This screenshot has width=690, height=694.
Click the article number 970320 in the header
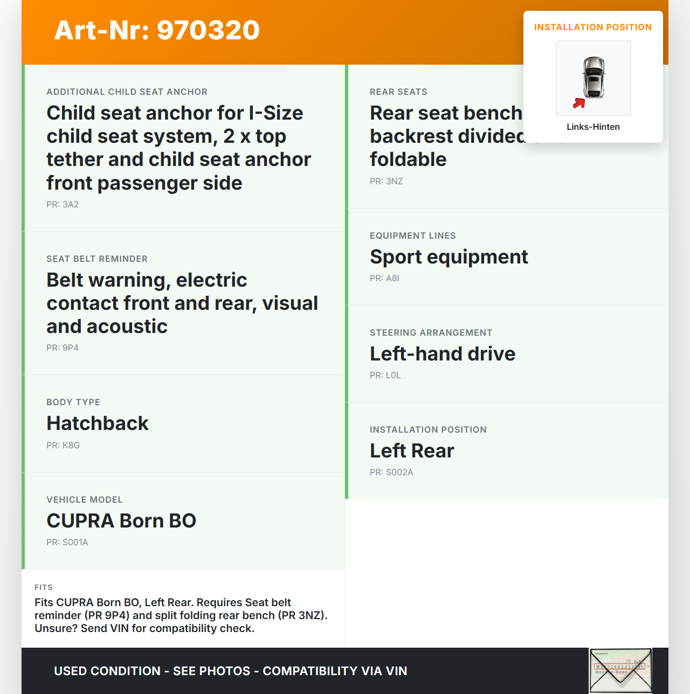coord(208,30)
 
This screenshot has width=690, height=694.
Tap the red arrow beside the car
coord(579,103)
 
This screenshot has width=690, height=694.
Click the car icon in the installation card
coord(594,78)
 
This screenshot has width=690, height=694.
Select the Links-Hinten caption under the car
coord(593,127)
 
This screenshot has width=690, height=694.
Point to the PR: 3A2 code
coord(63,205)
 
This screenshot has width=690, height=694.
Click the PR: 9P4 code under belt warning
coord(63,348)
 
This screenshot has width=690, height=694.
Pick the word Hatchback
coord(98,424)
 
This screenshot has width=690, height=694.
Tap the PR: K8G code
coord(63,446)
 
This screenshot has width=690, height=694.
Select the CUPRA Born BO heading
coord(121,521)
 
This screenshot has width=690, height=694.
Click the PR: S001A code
coord(67,543)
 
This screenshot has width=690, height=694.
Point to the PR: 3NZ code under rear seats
coord(387,182)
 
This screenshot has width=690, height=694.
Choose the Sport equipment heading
coord(449,257)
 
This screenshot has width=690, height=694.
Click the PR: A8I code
coord(385,279)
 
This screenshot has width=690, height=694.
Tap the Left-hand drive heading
coord(443,354)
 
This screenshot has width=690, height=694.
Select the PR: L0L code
coord(385,376)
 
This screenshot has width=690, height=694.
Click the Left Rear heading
coord(412,451)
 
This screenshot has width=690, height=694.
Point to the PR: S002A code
coord(392,473)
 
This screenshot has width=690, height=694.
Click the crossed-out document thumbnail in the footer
coord(620,671)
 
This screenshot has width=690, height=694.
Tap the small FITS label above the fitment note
coord(44,587)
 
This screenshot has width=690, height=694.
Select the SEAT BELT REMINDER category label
coord(97,259)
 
